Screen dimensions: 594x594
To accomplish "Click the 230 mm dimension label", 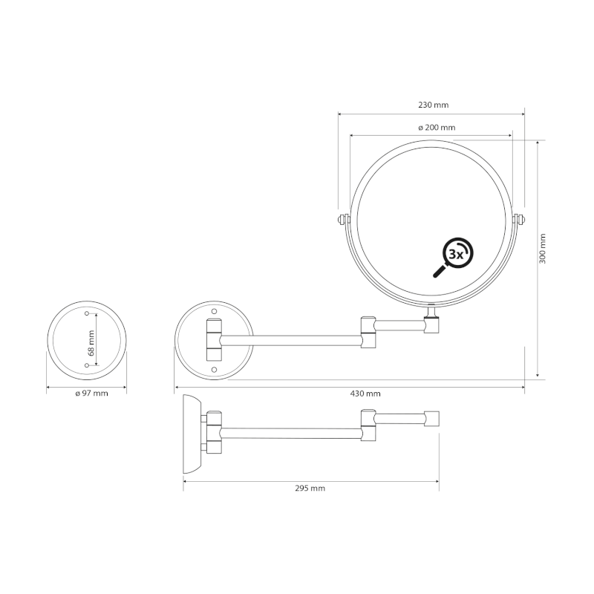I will pos(433,105).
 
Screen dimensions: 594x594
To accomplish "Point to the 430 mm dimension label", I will pos(366,394).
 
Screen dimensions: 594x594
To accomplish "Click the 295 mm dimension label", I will pos(310,488).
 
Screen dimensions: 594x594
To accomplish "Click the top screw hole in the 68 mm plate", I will pos(87,315).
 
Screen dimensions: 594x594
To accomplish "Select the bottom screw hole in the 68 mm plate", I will pos(87,366).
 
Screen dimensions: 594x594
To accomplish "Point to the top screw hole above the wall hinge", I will pos(214,310).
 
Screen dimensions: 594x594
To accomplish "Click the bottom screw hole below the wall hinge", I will pos(214,369).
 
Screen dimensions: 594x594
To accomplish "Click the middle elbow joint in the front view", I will pos(368,332).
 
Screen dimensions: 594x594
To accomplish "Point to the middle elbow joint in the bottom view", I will pos(368,426).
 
